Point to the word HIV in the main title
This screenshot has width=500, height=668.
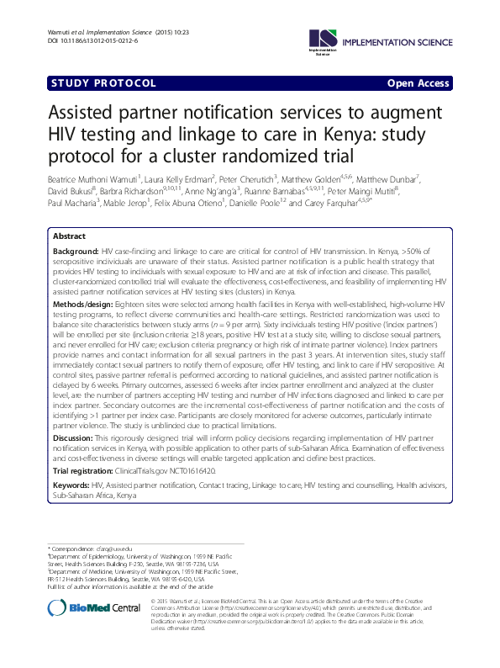[x=69, y=135]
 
